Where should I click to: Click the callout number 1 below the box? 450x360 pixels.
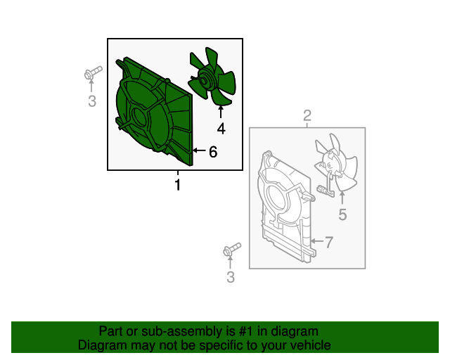coord(178,185)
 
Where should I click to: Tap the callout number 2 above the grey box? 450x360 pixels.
coord(307,115)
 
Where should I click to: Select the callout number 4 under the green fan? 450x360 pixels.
coord(221,129)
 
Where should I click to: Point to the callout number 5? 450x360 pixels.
coord(342,214)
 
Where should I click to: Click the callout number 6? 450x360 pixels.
coord(213,151)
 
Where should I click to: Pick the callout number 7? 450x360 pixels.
coord(329,242)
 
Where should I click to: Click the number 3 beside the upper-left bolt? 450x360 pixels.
coord(92,101)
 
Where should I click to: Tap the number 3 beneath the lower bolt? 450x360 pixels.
coord(231,277)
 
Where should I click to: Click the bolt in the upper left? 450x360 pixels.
coord(93,72)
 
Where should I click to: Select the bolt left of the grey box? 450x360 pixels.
coord(232,250)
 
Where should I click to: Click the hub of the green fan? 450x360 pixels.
coord(205,80)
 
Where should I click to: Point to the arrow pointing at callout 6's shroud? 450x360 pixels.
coord(199,150)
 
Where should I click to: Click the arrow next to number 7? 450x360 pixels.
coord(317,241)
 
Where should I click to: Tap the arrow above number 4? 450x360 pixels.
coord(221,112)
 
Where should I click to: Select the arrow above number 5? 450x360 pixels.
coord(342,198)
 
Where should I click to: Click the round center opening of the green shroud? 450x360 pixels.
coord(140,117)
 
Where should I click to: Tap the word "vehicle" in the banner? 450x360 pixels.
coord(312,345)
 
